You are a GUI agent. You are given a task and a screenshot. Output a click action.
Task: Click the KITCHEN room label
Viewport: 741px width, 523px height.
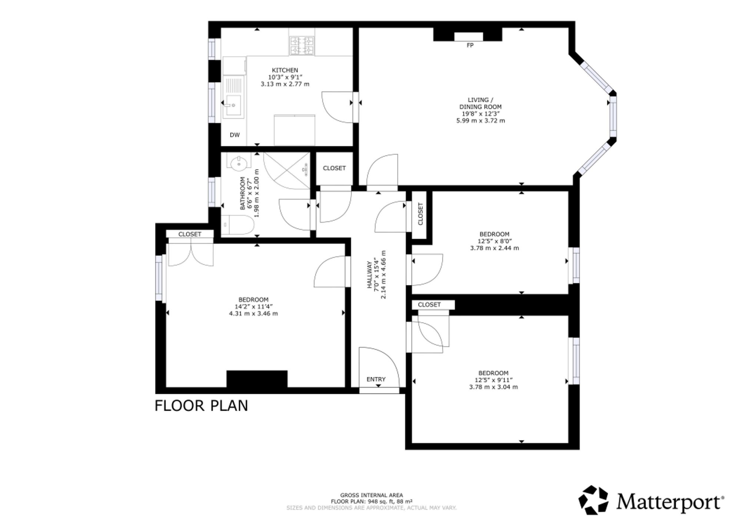coord(285,70)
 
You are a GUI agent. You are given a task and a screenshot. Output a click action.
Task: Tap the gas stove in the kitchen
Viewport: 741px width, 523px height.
coord(302,46)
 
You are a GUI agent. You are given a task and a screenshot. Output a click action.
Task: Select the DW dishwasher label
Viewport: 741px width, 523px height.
coord(235,135)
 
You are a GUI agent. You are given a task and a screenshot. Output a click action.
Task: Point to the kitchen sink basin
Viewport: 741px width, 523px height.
coord(233,105)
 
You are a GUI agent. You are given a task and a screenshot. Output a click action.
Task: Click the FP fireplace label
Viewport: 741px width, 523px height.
coord(470,45)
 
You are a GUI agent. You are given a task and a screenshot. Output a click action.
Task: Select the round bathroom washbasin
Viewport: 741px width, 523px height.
coord(239,162)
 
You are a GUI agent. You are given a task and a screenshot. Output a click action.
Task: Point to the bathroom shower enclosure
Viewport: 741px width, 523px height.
coord(287,171)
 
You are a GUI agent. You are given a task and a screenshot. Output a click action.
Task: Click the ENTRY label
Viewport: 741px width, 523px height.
coord(376,379)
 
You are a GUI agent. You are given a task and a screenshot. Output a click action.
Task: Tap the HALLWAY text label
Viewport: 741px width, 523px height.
coord(369,275)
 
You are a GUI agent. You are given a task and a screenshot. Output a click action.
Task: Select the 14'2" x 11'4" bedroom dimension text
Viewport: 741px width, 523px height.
coord(253,307)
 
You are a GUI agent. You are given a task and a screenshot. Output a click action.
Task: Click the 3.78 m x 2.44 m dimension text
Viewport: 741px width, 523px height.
coord(494,248)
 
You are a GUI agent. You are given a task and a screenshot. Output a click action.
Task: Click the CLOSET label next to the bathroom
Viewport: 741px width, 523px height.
coord(334,168)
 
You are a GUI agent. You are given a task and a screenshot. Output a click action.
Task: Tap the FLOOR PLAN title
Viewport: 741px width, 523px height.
coord(201,406)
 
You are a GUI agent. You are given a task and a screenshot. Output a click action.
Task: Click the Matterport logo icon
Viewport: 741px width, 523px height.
coord(594,500)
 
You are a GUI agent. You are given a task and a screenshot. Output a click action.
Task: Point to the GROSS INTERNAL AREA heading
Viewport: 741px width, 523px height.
coord(372,495)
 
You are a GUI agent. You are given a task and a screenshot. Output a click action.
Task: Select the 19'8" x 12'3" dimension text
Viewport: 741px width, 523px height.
coord(480,114)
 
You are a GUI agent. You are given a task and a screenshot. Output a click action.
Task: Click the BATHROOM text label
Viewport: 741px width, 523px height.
coord(243,193)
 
